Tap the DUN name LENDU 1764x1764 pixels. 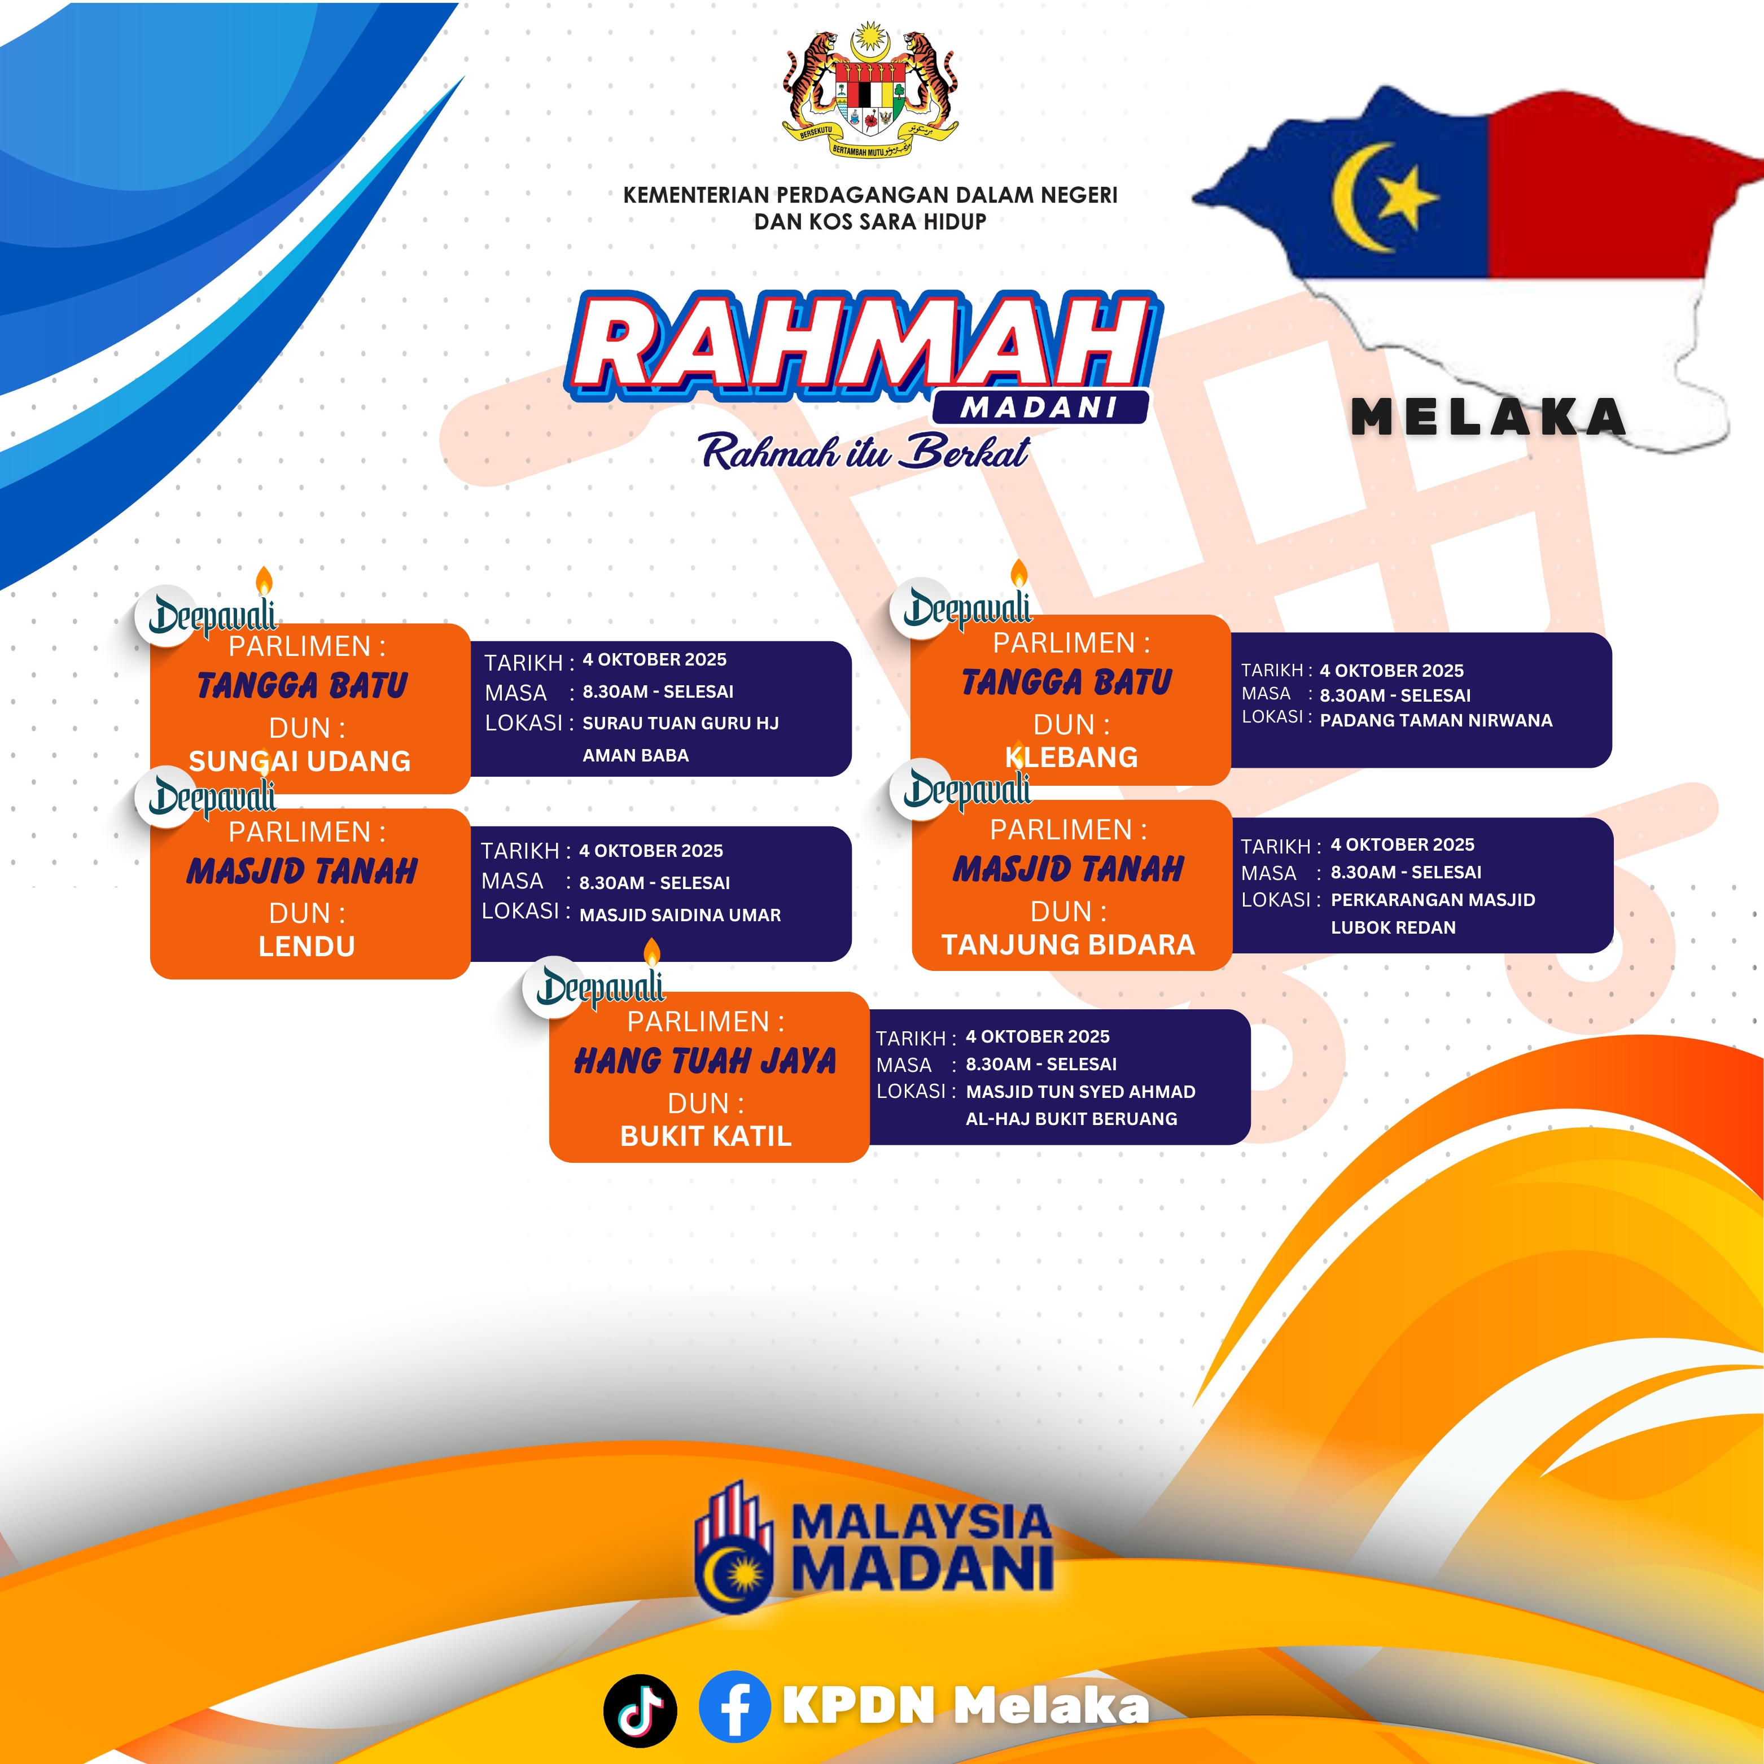[307, 946]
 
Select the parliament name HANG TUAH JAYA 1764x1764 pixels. [705, 1061]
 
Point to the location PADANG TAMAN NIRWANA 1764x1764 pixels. [1436, 720]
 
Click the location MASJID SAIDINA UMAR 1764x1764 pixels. [680, 915]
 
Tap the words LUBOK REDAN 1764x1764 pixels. [1393, 927]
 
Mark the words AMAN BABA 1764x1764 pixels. [636, 755]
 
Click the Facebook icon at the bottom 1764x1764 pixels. [735, 1706]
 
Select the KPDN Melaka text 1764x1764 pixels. [966, 1705]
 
